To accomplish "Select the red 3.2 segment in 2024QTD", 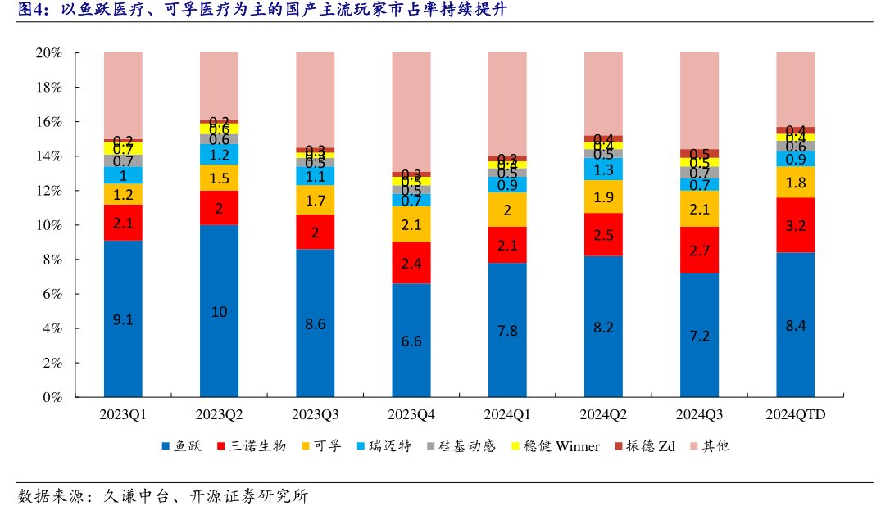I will click(795, 225).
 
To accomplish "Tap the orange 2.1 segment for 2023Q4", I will click(411, 224).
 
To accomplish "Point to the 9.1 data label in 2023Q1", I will click(124, 320).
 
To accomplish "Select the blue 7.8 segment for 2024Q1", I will click(507, 330).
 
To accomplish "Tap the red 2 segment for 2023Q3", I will click(316, 232).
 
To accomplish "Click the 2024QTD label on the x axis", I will click(795, 415).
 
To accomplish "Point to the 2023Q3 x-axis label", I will click(316, 415).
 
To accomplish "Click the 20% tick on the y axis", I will click(49, 53).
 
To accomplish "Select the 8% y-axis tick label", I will click(52, 260).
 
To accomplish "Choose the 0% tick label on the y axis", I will click(52, 398).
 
